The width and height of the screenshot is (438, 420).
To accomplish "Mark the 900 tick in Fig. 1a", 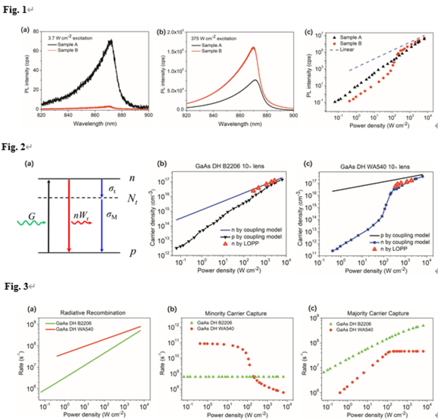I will coord(147,116).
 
